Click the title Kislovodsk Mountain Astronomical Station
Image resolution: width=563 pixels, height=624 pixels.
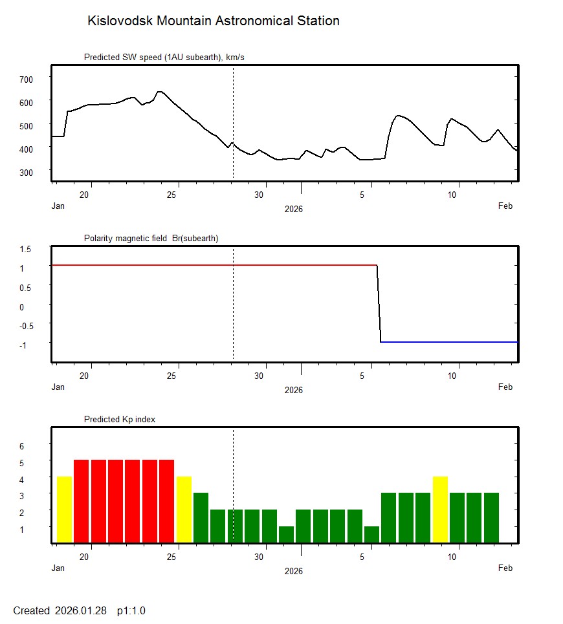click(213, 21)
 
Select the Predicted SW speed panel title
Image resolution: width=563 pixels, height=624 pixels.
click(164, 58)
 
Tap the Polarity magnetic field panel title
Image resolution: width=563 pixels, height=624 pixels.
click(151, 239)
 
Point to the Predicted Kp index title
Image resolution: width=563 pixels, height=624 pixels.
click(120, 420)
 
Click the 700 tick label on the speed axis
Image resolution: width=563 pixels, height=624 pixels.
click(26, 79)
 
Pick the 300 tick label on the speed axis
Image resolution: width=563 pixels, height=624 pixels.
click(26, 172)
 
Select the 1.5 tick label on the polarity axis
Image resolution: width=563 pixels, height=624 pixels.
click(26, 248)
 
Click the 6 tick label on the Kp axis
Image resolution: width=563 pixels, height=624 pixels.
click(21, 446)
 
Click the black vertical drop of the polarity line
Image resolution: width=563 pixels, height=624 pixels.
click(379, 304)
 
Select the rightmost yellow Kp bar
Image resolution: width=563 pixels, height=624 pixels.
click(440, 510)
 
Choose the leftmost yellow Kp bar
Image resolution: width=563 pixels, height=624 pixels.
click(64, 510)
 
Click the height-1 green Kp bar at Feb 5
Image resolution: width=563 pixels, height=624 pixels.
click(371, 535)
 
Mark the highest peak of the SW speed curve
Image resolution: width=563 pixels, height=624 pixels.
click(159, 92)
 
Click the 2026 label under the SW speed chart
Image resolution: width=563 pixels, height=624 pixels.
click(293, 210)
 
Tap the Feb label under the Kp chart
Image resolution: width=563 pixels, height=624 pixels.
click(505, 568)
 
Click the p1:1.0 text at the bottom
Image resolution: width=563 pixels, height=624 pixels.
click(131, 611)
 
